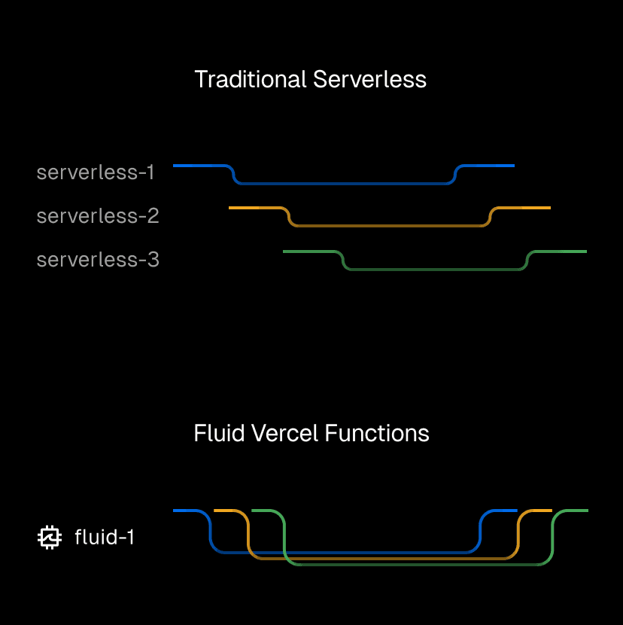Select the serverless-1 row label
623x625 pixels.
[x=96, y=172]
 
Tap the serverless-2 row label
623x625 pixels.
[x=98, y=216]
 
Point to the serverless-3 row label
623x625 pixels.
[x=98, y=260]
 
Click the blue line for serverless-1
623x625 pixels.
[x=342, y=183]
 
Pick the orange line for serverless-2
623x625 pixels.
[x=387, y=225]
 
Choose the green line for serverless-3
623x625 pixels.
[x=436, y=269]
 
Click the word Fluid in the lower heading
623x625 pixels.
[x=216, y=434]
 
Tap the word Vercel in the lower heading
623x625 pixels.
[x=279, y=434]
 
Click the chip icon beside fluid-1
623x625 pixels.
[x=49, y=538]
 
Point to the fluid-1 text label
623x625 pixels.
[x=105, y=538]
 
